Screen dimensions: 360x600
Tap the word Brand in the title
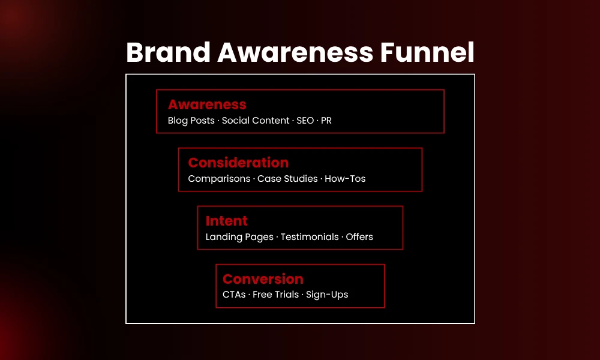tap(168, 53)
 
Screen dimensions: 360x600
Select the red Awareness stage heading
tap(207, 105)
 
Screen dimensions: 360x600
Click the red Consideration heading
tap(238, 163)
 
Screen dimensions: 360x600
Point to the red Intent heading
tap(227, 221)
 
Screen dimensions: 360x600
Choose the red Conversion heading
tap(263, 279)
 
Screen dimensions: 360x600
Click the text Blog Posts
tap(191, 121)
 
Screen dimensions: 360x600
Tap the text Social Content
tap(256, 121)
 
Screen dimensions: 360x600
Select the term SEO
tap(305, 121)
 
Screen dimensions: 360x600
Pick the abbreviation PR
tap(326, 121)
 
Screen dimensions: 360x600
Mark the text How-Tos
tap(345, 179)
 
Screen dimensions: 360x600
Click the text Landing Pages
tap(239, 237)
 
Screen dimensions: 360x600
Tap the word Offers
tap(359, 237)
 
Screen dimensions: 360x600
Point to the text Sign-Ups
tap(327, 295)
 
